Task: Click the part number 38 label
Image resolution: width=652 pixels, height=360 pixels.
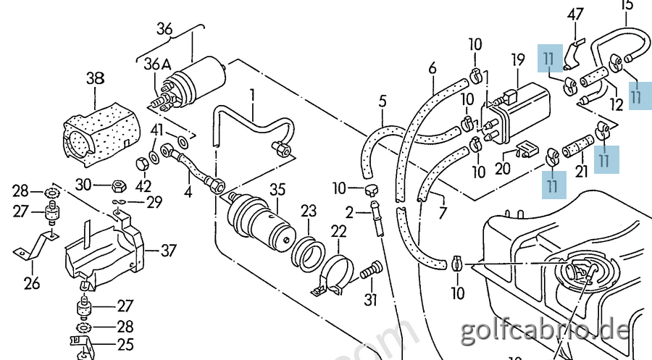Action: pos(95,78)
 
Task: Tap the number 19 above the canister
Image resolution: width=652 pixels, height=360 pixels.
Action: pos(517,59)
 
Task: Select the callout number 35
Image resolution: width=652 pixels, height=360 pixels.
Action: pos(277,191)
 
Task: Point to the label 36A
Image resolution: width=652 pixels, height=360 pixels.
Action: pos(156,64)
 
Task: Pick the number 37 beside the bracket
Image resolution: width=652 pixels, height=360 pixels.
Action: pos(168,251)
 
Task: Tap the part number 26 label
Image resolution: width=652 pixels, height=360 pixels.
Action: pos(31,282)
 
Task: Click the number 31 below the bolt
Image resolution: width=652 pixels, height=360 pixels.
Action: pos(370,300)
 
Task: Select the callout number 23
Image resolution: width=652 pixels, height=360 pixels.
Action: pos(309,212)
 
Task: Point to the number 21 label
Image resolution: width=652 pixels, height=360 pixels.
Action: pos(580,171)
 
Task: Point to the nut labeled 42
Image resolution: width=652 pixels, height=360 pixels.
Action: pos(142,163)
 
